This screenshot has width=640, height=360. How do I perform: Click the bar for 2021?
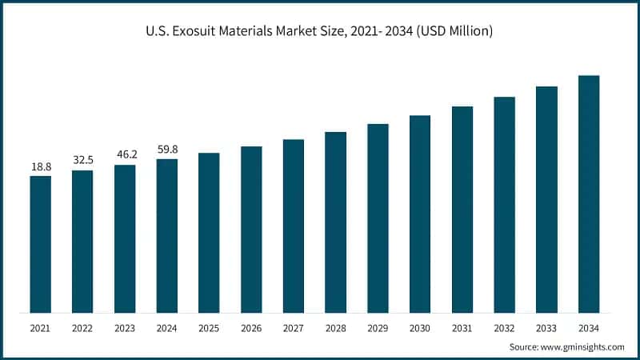40,244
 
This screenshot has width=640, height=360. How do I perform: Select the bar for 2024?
166,235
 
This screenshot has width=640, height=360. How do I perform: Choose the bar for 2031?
462,209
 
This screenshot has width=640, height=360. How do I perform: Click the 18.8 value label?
40,166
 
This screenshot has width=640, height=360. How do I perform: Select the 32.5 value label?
82,160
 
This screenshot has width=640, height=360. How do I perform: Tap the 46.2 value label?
125,155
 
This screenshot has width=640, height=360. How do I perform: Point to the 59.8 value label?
166,149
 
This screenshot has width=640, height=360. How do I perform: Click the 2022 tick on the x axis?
82,328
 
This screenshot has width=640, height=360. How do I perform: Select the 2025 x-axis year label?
209,328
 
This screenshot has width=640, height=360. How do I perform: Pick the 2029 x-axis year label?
378,328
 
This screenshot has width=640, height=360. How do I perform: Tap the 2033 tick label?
546,328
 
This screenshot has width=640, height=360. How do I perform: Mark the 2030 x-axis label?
420,328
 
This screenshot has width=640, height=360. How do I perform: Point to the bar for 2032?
504,204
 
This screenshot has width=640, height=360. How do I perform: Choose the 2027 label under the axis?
294,328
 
